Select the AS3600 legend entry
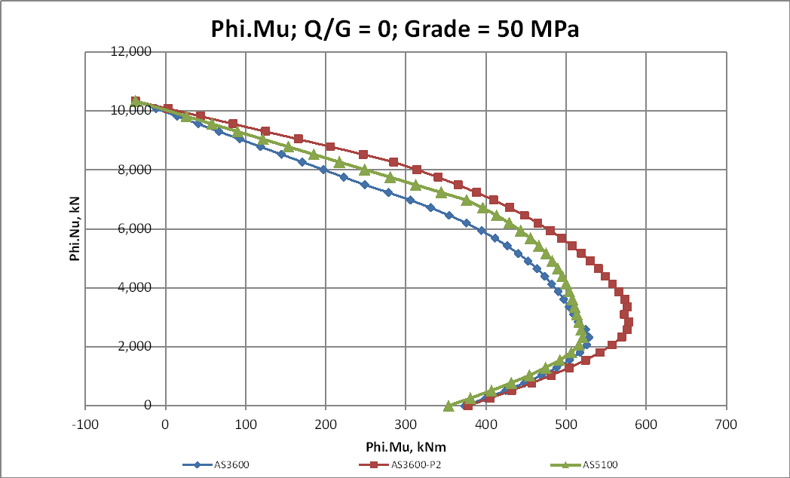point(219,464)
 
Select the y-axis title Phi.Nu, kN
point(75,228)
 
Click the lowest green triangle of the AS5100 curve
point(449,406)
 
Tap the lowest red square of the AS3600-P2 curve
point(467,406)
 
